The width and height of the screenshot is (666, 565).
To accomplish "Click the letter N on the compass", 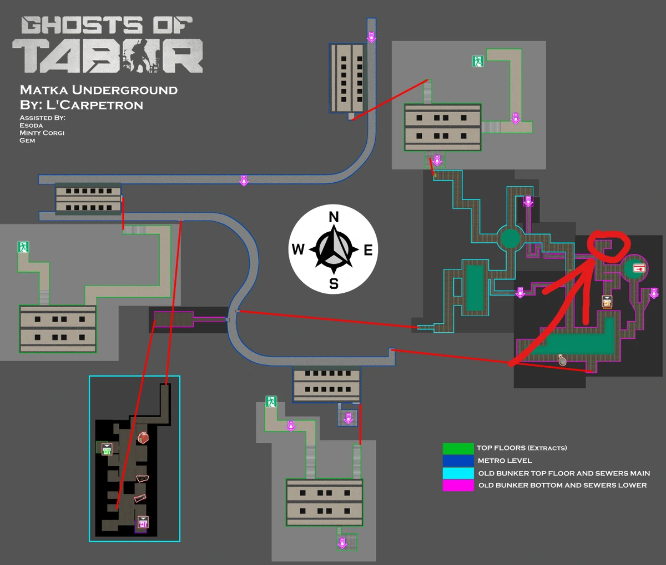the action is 334,217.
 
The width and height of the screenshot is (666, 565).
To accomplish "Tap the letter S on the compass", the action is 334,284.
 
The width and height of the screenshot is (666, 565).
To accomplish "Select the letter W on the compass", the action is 298,249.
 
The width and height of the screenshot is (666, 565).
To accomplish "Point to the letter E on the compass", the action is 369,250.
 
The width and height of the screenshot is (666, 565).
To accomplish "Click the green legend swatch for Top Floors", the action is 458,448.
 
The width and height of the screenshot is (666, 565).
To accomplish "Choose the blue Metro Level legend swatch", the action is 458,461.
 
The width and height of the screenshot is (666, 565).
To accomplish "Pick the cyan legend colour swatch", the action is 458,473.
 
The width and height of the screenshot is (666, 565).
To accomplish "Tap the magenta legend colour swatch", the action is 458,486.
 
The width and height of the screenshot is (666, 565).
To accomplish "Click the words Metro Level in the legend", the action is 504,461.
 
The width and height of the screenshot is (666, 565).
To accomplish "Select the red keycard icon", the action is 639,268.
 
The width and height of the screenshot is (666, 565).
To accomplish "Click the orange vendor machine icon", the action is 607,302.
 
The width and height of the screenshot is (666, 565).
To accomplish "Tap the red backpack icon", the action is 143,438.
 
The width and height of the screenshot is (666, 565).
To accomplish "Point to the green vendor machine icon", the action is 107,449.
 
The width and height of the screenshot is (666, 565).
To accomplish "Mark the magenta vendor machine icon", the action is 143,522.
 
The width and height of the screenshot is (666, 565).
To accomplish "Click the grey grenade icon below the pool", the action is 562,359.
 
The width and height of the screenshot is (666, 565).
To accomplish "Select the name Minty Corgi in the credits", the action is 42,133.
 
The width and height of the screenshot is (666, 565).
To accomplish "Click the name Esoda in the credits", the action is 31,125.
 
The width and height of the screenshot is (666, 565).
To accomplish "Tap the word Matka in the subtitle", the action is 44,90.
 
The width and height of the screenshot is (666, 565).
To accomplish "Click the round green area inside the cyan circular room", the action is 510,238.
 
